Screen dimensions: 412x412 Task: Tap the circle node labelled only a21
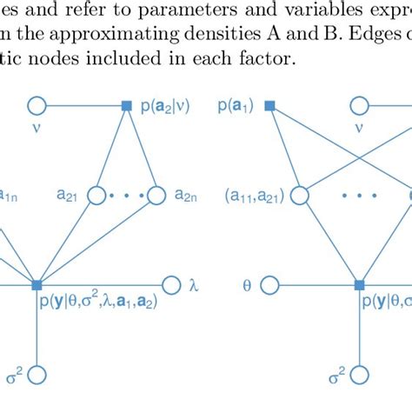tap(97, 196)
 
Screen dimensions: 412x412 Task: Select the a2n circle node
tap(157, 196)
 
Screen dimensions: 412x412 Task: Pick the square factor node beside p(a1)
tap(269, 106)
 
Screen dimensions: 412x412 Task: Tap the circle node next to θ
tap(269, 284)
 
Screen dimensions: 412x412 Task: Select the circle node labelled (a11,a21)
tap(297, 196)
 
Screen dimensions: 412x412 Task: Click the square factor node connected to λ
tap(37, 284)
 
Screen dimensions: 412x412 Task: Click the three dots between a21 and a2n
tap(127, 196)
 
